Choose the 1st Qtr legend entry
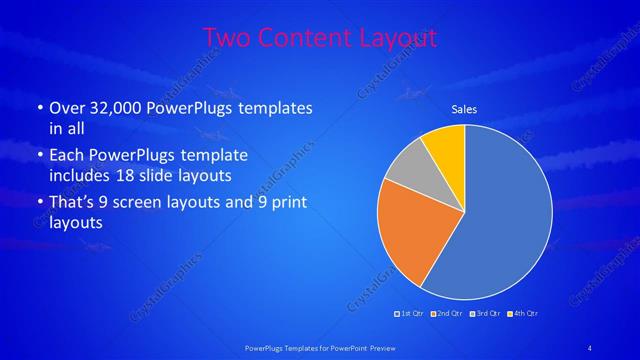(x=408, y=314)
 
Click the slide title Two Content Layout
(x=320, y=38)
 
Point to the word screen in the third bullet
(x=160, y=202)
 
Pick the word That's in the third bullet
(x=73, y=202)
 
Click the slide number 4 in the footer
(x=591, y=346)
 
